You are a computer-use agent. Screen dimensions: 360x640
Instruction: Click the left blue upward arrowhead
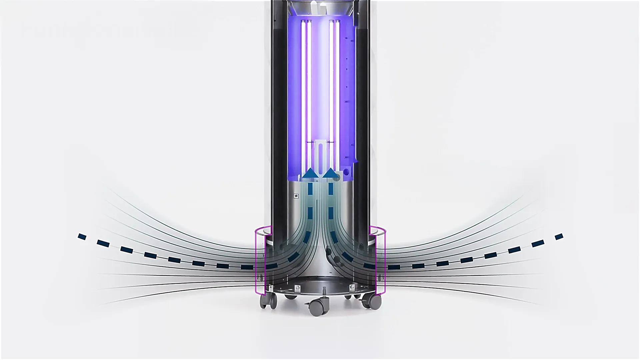(x=311, y=173)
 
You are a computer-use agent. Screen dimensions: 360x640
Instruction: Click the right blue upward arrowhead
(x=331, y=173)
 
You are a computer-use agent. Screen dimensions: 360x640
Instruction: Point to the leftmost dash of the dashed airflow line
(x=82, y=237)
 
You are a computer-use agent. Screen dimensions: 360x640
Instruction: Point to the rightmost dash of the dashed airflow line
(x=559, y=237)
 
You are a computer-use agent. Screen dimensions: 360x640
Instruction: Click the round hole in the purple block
(x=347, y=172)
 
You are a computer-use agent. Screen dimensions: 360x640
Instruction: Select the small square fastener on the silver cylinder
(x=296, y=196)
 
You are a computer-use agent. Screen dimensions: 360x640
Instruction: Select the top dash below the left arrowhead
(x=311, y=189)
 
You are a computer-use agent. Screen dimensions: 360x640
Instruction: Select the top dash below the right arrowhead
(x=331, y=189)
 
